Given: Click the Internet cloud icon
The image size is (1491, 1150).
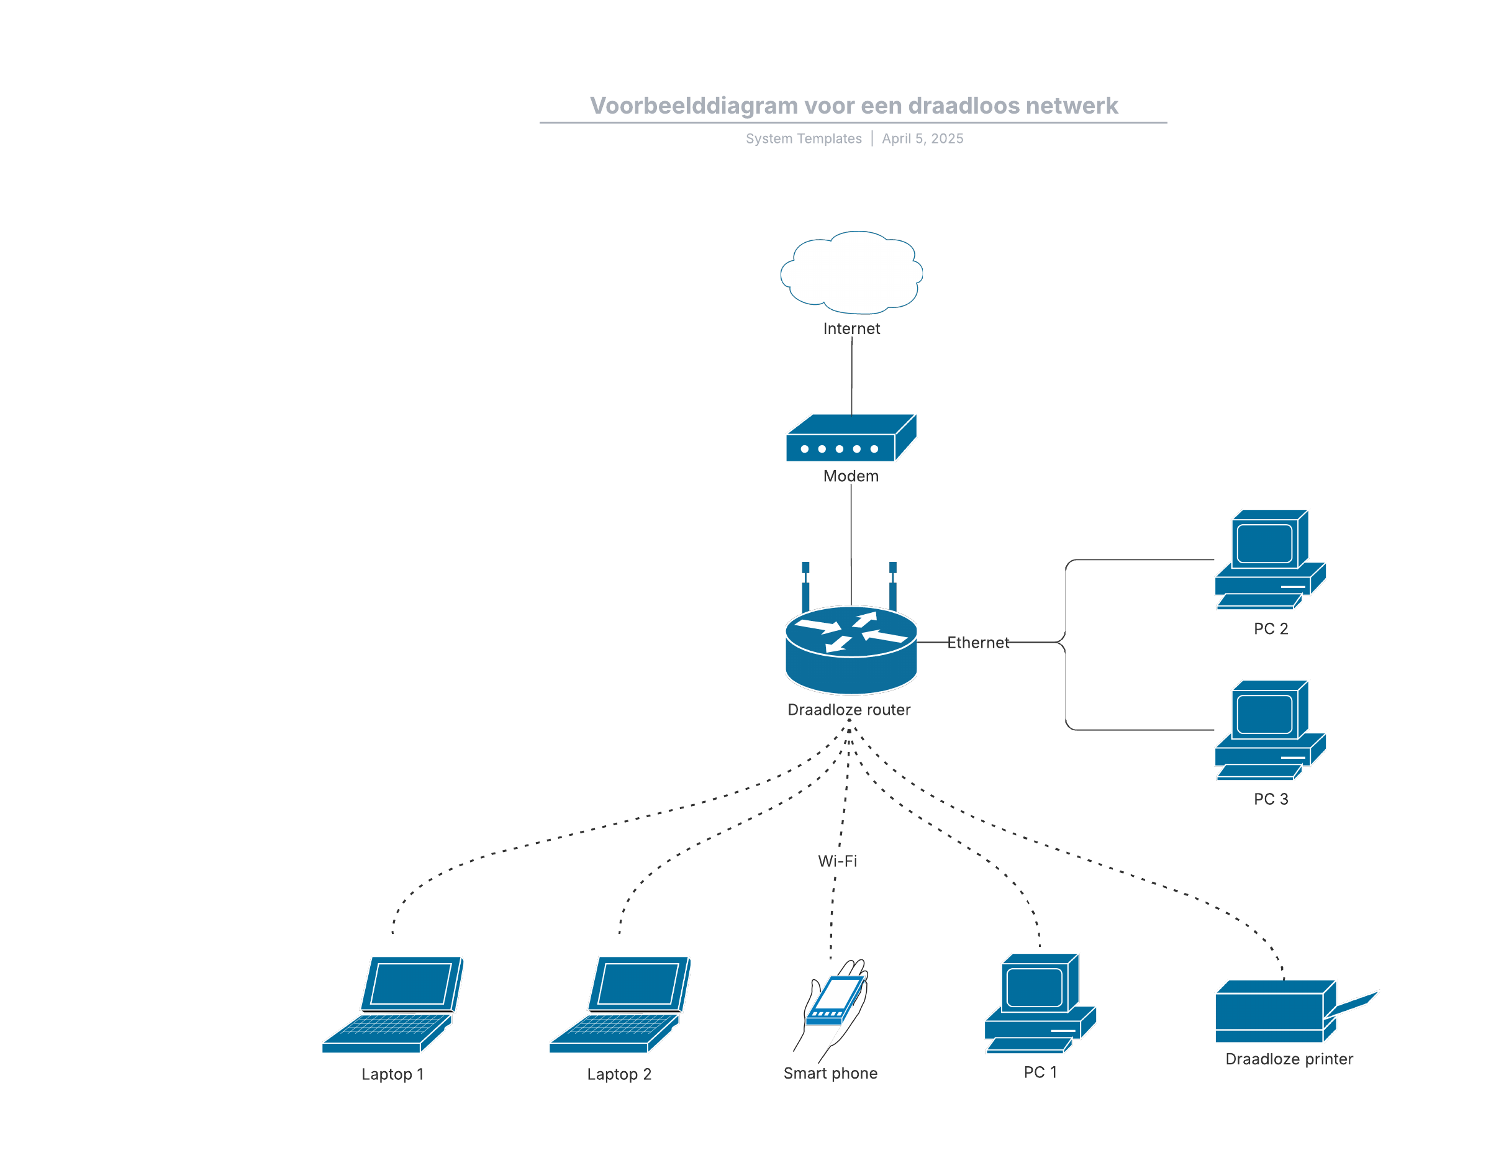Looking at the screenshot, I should pos(851,273).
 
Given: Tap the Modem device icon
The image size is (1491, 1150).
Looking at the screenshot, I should pos(851,439).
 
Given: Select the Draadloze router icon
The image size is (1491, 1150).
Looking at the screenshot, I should pos(851,649).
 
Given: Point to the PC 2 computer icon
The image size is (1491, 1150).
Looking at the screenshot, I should pos(1269,559).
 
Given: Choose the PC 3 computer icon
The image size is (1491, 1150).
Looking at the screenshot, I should pos(1269,730).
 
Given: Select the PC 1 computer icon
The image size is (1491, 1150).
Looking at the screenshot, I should pos(1039,1003).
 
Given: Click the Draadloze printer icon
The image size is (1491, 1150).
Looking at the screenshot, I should pos(1284,1012).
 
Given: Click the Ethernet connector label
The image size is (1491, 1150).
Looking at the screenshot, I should pos(977,643).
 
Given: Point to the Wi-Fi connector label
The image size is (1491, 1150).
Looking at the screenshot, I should pos(838,861).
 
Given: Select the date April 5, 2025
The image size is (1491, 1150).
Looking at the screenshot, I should pos(922,138).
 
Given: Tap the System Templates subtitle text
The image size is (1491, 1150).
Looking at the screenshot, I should pos(804,138).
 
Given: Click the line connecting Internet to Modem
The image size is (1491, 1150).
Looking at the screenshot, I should pos(852,376).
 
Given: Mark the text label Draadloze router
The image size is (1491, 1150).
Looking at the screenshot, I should pos(849,710).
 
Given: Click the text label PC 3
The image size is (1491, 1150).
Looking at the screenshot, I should pos(1271,799).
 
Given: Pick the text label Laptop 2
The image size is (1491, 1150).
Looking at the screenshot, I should pos(619,1074).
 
